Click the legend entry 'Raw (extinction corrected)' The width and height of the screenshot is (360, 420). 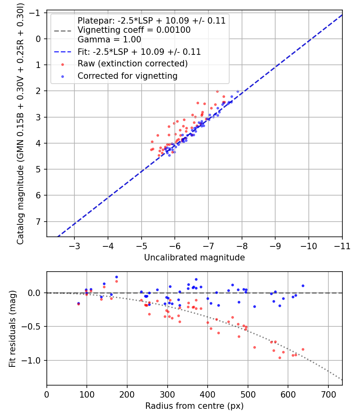coord(132,64)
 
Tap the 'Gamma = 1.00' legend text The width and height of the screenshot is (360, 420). coord(109,40)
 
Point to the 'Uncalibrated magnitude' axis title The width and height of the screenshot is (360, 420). coord(194,258)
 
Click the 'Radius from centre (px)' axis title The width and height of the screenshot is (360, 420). coord(194,406)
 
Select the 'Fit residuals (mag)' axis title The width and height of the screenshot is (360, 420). coord(12,328)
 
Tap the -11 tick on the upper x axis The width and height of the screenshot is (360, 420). coord(342,246)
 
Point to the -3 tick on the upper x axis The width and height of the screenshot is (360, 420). coord(74,246)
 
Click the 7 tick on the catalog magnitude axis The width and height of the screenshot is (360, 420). coord(38,222)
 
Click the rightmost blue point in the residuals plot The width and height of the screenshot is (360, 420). coord(303,286)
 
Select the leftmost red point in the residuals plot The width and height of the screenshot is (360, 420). coord(78,304)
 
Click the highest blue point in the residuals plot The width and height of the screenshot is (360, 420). coord(116,277)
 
